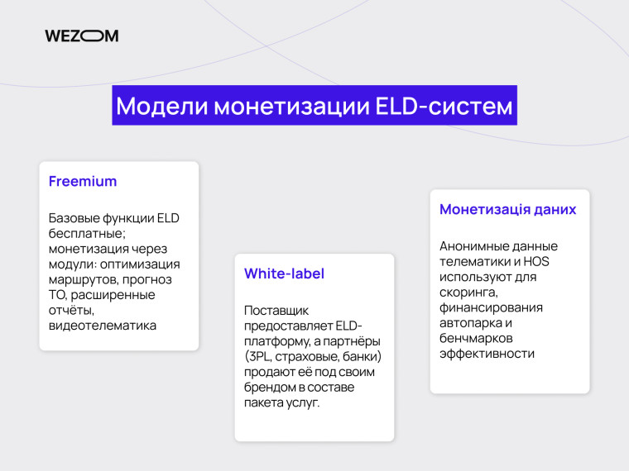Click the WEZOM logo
81,36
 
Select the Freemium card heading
83,181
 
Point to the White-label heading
284,274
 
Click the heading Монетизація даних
507,209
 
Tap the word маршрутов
81,280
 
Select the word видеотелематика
103,326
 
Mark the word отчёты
72,311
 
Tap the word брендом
270,388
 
